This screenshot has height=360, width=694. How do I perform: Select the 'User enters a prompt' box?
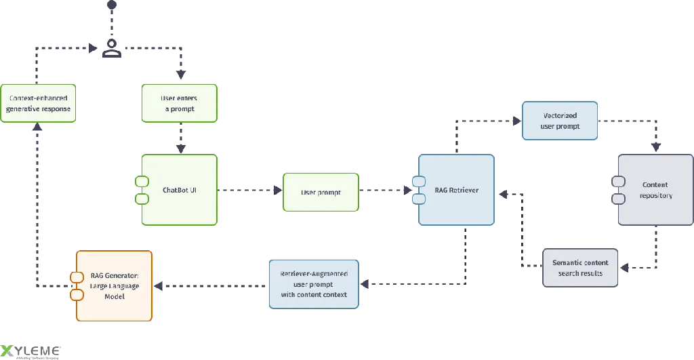(179, 103)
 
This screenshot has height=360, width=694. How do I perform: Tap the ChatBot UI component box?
(180, 190)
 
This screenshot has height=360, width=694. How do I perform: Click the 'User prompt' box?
(321, 192)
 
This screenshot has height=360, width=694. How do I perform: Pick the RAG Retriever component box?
(456, 190)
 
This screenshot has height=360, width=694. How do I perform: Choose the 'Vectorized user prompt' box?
(559, 121)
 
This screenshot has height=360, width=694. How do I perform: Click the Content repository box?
(655, 190)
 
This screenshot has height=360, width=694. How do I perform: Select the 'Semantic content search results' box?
(580, 267)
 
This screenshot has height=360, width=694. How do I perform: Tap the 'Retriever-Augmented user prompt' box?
(313, 284)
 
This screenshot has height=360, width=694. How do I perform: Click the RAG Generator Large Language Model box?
(114, 285)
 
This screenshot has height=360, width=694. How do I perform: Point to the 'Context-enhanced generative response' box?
(37, 103)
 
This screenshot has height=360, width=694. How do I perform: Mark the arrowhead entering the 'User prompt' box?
(278, 191)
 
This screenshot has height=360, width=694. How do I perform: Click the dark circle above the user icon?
(112, 5)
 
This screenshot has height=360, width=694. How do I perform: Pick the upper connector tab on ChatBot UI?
(142, 181)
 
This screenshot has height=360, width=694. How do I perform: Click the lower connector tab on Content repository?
(618, 199)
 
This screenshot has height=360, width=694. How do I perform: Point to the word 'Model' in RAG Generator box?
(115, 296)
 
